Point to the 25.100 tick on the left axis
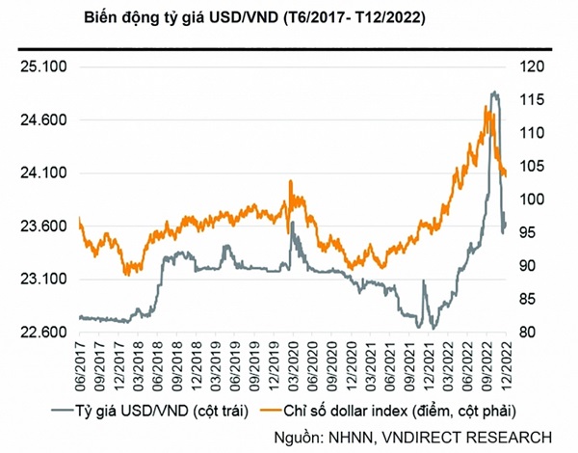point(39,67)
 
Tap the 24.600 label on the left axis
point(39,120)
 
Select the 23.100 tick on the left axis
point(39,280)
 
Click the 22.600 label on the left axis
point(39,333)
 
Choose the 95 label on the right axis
point(536,232)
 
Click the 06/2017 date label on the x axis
point(80,364)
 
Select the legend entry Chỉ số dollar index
point(376,411)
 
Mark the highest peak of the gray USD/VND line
point(494,92)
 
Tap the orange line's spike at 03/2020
point(291,180)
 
